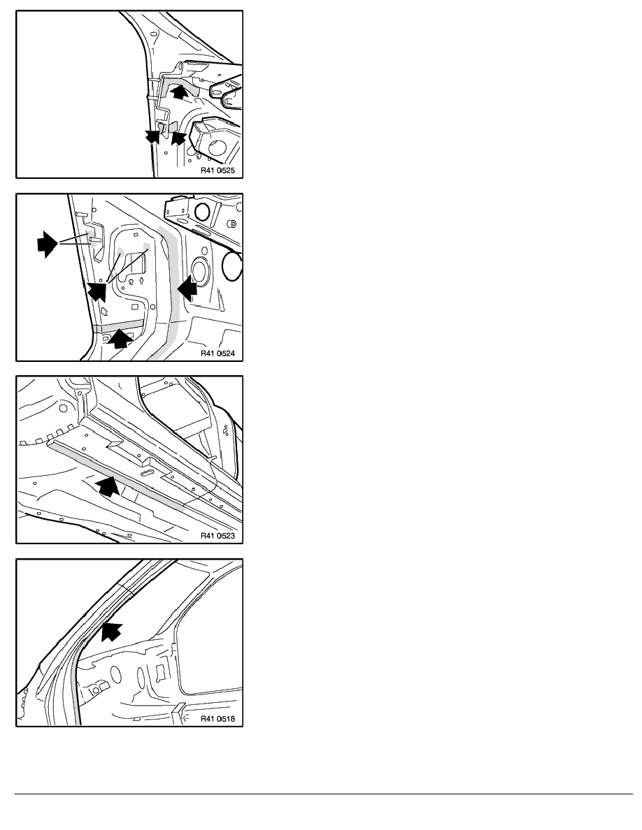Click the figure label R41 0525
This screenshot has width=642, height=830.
pyautogui.click(x=217, y=171)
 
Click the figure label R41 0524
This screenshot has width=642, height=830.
pyautogui.click(x=217, y=354)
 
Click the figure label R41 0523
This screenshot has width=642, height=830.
pyautogui.click(x=217, y=536)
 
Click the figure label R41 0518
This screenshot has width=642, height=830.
pyautogui.click(x=217, y=719)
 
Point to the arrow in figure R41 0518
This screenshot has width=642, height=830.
pyautogui.click(x=111, y=632)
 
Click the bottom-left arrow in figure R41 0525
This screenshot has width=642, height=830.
pyautogui.click(x=152, y=136)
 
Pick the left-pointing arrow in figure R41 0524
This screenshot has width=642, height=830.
pyautogui.click(x=187, y=289)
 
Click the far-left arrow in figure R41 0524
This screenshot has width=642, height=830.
pyautogui.click(x=47, y=244)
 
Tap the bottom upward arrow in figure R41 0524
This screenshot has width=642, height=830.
pyautogui.click(x=120, y=338)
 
